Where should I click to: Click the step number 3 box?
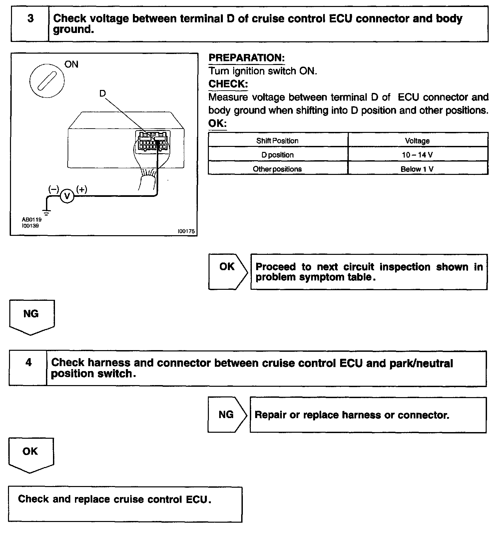(30, 24)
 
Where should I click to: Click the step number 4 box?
(28, 368)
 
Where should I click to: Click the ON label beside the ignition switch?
(71, 64)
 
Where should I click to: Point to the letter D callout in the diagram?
(102, 94)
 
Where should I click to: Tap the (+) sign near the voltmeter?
(82, 189)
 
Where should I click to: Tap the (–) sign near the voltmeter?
(53, 189)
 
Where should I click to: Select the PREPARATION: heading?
(247, 58)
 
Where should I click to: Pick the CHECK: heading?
(228, 84)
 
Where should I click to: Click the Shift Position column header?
(277, 141)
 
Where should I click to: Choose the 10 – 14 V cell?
(417, 155)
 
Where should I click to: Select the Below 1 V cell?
(417, 169)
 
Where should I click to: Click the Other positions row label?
(277, 169)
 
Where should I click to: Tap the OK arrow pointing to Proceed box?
(228, 271)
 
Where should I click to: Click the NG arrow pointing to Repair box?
(227, 414)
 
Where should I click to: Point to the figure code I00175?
(186, 231)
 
